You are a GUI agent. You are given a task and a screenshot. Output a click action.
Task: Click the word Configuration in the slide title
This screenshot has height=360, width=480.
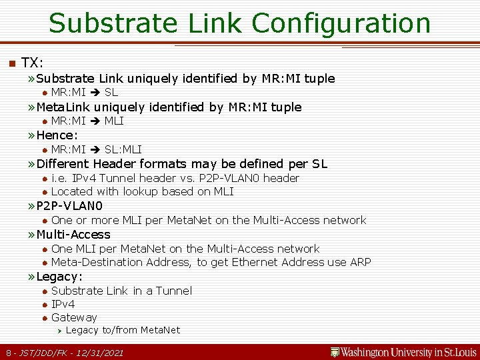(x=341, y=23)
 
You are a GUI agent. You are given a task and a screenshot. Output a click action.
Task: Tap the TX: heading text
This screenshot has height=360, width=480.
(x=32, y=63)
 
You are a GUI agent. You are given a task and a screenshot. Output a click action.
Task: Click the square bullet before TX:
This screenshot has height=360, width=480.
(x=10, y=63)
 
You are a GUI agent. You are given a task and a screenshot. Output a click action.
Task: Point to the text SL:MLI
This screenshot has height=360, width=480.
(x=123, y=149)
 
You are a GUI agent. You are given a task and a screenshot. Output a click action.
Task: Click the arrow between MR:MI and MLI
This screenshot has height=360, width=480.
(x=95, y=121)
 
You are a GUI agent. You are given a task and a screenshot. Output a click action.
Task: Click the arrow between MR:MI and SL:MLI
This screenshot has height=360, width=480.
(x=95, y=149)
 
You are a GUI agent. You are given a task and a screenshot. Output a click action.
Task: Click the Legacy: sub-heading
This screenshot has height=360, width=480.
(x=59, y=277)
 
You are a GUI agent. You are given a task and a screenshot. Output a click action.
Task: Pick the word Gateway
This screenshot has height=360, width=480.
(x=74, y=318)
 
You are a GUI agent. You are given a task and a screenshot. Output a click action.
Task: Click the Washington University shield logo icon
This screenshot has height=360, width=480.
(x=335, y=351)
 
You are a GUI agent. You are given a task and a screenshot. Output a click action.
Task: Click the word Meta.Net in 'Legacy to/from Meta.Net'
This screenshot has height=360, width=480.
(x=161, y=330)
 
